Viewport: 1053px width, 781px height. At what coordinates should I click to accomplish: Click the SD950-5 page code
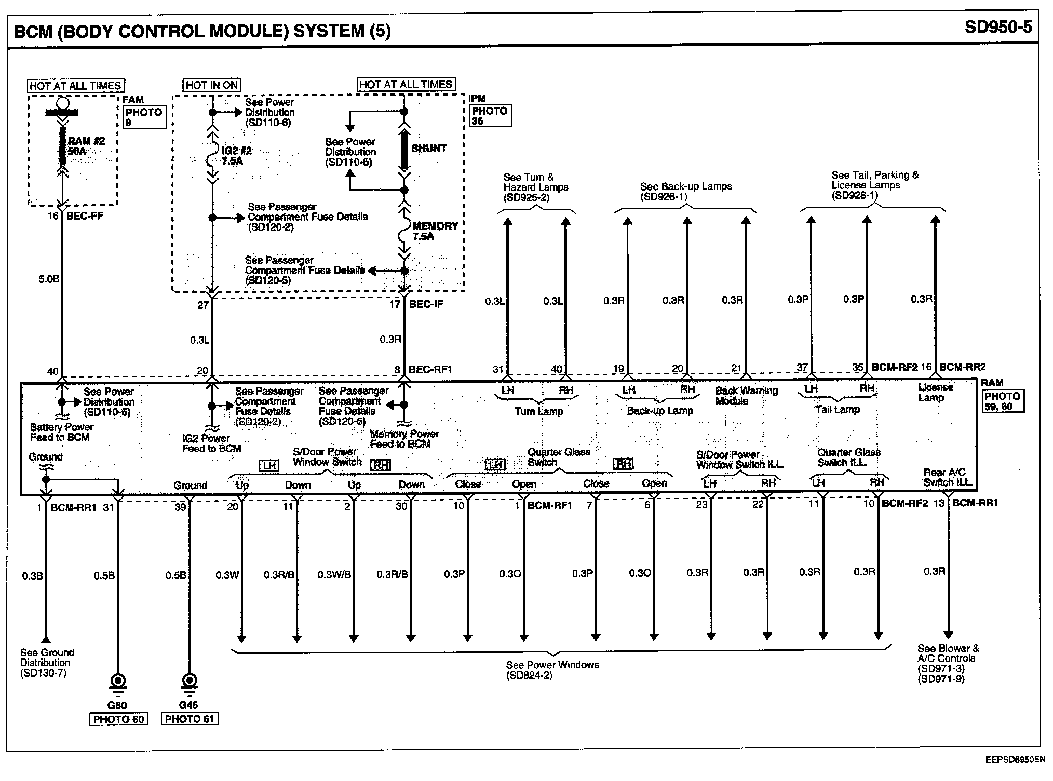pos(998,27)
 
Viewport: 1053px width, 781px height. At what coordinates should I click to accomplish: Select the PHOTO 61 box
pos(190,719)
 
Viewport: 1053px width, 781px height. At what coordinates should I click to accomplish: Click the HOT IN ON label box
pos(212,85)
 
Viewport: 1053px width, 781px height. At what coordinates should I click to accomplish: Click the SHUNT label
pos(428,149)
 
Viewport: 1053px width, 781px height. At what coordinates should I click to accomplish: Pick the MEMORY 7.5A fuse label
pos(435,232)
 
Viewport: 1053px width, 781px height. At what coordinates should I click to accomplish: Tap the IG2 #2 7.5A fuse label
pos(236,156)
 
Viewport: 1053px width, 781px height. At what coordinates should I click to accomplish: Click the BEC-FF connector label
pos(85,216)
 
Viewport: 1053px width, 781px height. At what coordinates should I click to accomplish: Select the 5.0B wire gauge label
pos(49,279)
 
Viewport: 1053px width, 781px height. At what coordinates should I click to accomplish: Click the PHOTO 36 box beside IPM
pos(490,116)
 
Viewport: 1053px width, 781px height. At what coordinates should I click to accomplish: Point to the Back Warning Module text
pos(746,396)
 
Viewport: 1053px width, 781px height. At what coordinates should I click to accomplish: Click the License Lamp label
pos(936,393)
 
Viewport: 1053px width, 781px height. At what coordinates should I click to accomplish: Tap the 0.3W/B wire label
pos(334,575)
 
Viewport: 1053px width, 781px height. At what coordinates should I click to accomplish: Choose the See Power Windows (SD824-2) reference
pos(552,670)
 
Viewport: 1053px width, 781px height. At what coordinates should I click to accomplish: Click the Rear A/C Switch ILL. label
pos(948,477)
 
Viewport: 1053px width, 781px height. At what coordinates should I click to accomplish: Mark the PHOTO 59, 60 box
pos(1002,401)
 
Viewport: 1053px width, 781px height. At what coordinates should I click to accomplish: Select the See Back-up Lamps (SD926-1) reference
pos(685,191)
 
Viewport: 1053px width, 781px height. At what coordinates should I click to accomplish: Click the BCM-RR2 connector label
pos(962,367)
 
